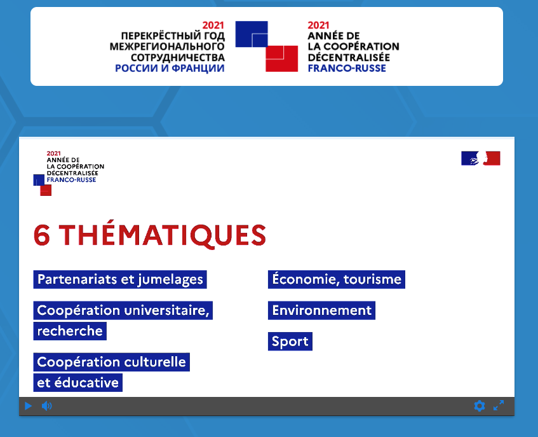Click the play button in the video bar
(x=28, y=406)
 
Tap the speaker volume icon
(x=46, y=406)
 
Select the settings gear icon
(x=480, y=406)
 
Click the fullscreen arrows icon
(x=499, y=405)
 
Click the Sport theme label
(x=290, y=342)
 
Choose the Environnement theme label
(x=321, y=310)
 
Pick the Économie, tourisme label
(x=336, y=279)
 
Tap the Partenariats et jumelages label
(x=120, y=279)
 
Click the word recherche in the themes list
(x=70, y=331)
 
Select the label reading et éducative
(x=78, y=383)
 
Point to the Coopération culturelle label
(x=112, y=362)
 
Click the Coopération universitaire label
(x=123, y=310)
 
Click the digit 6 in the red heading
(x=42, y=235)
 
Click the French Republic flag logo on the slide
(x=480, y=158)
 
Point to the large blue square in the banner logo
(x=252, y=34)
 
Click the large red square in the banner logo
(x=281, y=59)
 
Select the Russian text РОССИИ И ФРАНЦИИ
(x=170, y=68)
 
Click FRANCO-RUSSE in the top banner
(x=347, y=68)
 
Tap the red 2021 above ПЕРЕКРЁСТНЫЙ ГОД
(x=213, y=25)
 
